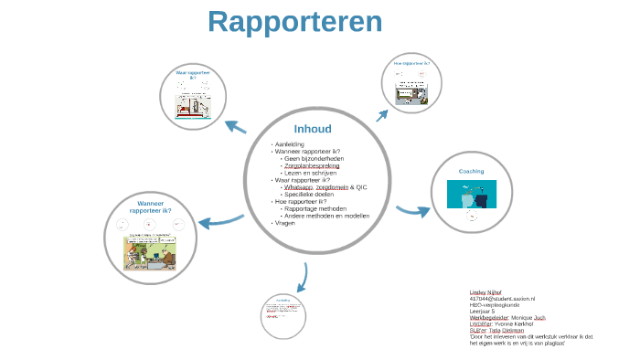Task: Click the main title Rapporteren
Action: [x=294, y=22]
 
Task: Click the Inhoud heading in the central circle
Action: [x=313, y=129]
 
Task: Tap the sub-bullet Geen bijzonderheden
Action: [x=315, y=159]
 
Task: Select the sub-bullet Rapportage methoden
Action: [x=316, y=209]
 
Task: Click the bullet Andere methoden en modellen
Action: [x=326, y=216]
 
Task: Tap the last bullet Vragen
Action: [x=284, y=223]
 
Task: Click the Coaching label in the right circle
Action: [x=471, y=171]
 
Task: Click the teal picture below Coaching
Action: [x=471, y=195]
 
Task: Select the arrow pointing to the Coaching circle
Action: [x=412, y=211]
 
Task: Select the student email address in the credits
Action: [x=502, y=299]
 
